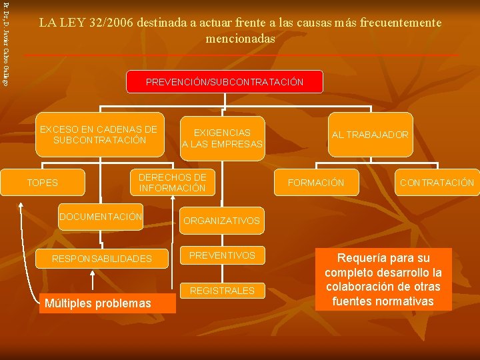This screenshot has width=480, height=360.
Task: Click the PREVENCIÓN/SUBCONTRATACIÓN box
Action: pyautogui.click(x=225, y=82)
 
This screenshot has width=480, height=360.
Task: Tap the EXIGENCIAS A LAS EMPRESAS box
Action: pyautogui.click(x=223, y=139)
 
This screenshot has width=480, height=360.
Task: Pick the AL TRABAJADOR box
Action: pyautogui.click(x=370, y=135)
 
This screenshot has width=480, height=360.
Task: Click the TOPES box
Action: pyautogui.click(x=42, y=183)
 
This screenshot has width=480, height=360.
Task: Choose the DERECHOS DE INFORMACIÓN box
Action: pyautogui.click(x=172, y=183)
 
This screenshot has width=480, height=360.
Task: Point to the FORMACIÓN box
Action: pyautogui.click(x=316, y=183)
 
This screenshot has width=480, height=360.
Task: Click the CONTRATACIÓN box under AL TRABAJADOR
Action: pyautogui.click(x=437, y=183)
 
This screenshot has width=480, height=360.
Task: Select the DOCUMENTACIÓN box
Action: pyautogui.click(x=101, y=217)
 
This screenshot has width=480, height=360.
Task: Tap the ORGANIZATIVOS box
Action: pyautogui.click(x=221, y=221)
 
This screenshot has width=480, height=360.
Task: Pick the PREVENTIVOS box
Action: pyautogui.click(x=222, y=255)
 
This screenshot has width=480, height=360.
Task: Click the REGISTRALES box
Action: pyautogui.click(x=222, y=291)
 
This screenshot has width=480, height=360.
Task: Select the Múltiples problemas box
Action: pyautogui.click(x=97, y=304)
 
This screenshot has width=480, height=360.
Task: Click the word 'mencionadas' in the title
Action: pyautogui.click(x=240, y=39)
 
